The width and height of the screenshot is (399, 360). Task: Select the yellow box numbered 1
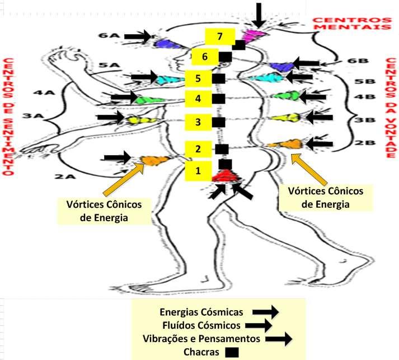click(x=198, y=171)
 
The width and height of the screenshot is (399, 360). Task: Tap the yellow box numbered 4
click(x=198, y=99)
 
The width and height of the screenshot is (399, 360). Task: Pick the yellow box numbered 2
click(x=198, y=149)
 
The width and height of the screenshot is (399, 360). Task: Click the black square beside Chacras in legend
click(x=231, y=352)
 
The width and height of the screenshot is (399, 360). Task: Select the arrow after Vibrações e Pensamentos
click(x=279, y=339)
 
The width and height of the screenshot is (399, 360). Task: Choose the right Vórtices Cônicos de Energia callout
click(x=325, y=198)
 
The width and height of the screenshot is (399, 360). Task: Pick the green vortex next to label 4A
click(x=144, y=100)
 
